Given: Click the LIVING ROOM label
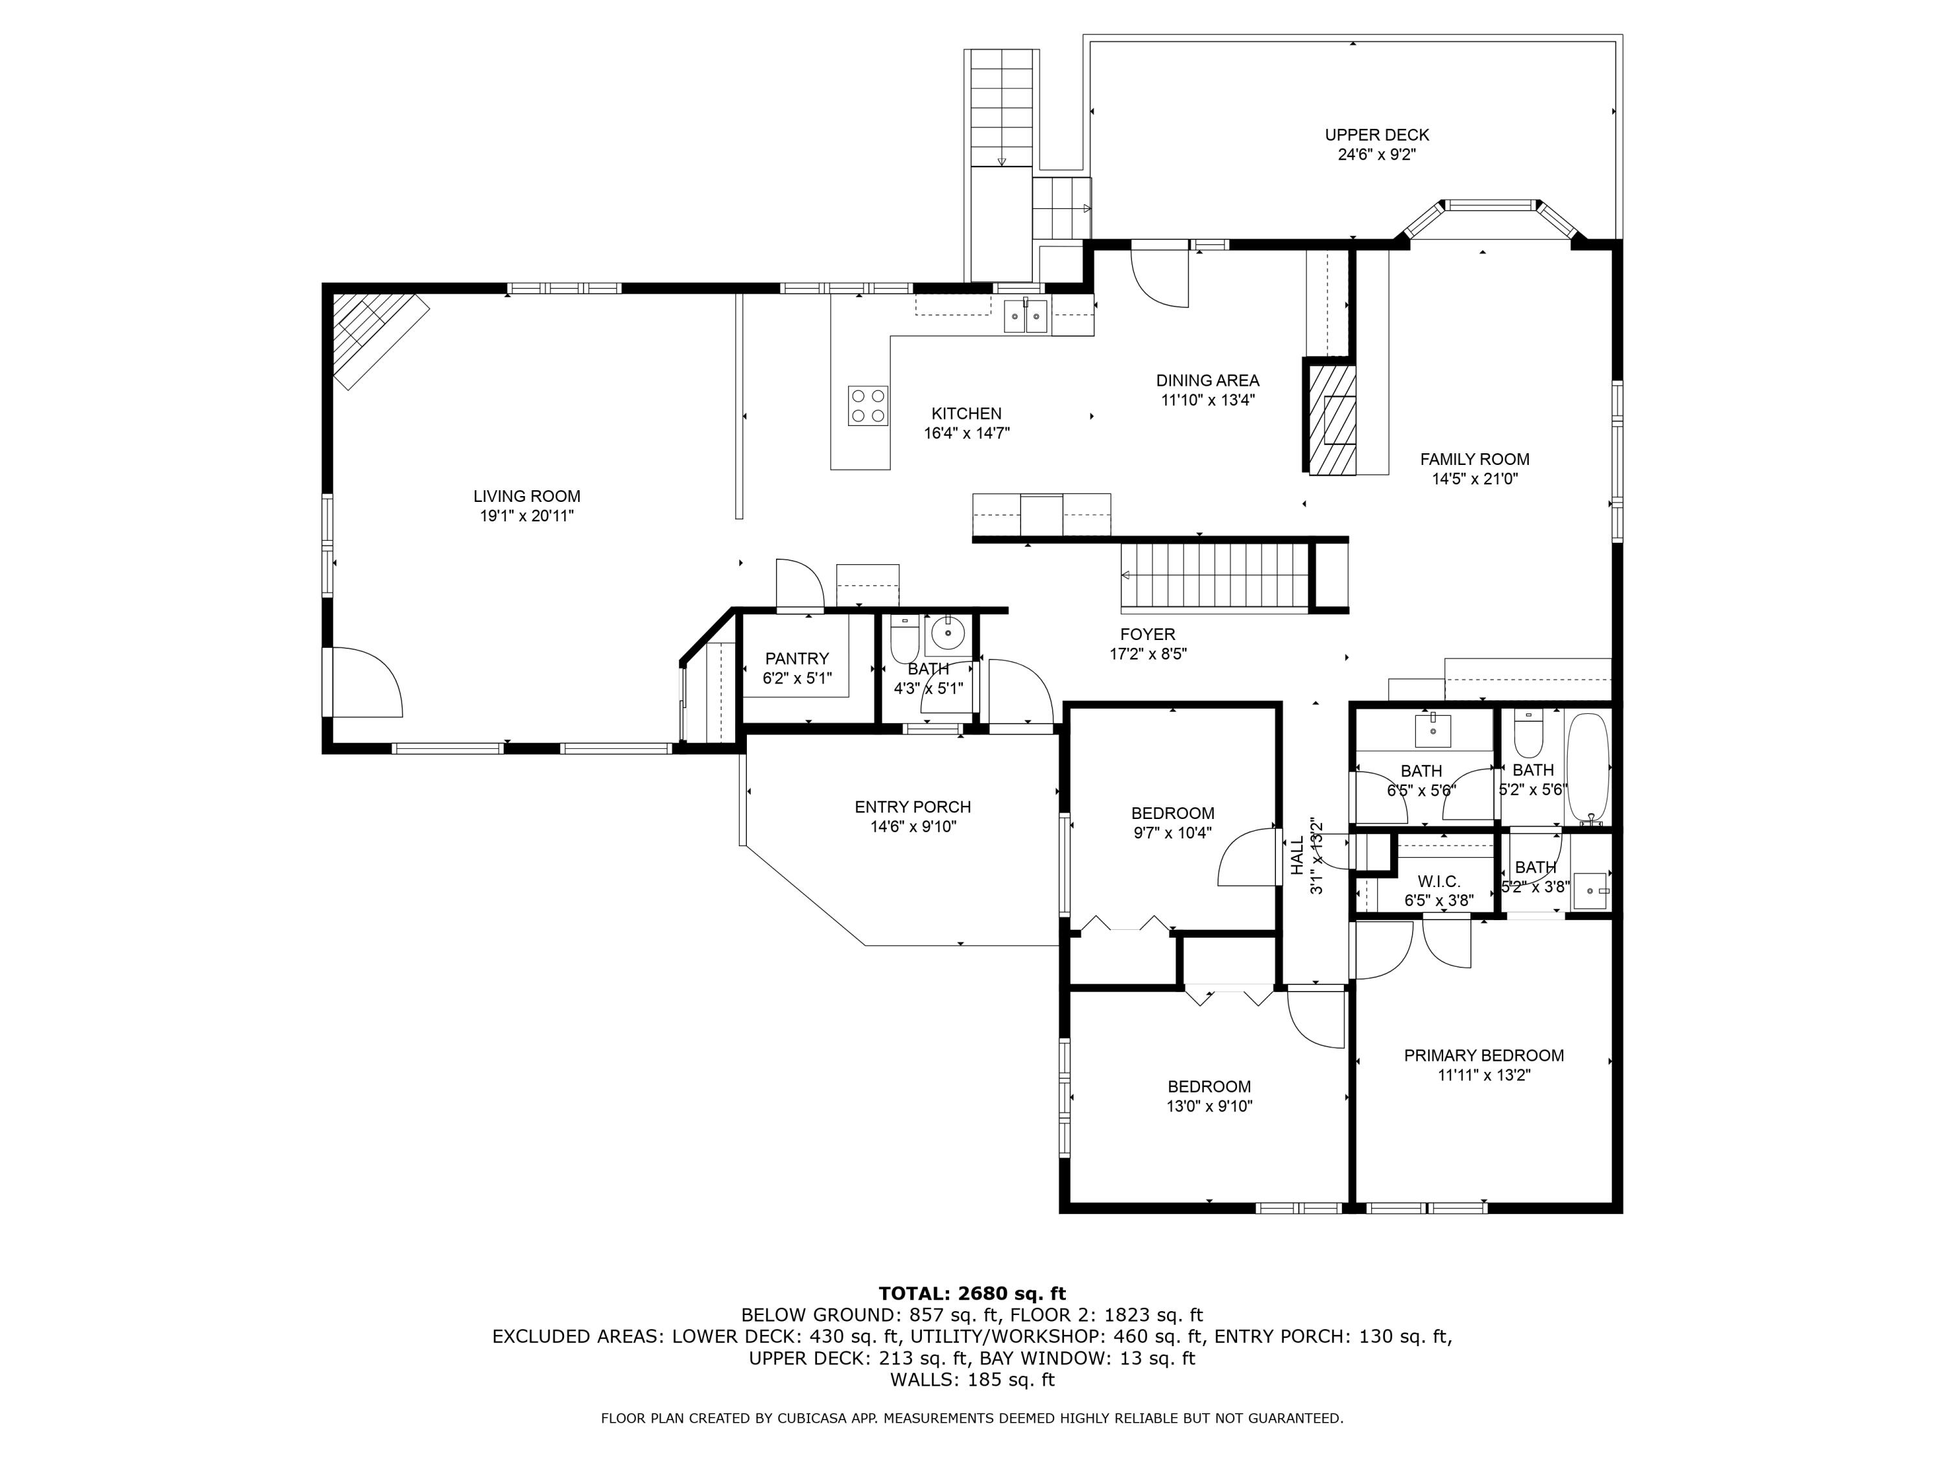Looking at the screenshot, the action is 526,496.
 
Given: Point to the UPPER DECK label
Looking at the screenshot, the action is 1376,135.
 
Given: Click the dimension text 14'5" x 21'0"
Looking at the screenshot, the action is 1474,479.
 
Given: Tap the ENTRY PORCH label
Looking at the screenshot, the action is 913,807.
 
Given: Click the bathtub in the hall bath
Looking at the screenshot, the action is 1588,768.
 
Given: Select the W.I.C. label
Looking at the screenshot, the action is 1439,881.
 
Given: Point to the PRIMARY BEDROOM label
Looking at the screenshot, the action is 1483,1055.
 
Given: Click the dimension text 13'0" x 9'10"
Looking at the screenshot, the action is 1209,1106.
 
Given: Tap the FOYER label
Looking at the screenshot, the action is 1148,634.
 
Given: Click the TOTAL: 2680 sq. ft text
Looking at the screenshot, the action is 972,1293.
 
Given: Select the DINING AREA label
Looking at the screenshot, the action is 1207,380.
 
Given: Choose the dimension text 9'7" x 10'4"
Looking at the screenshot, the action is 1173,833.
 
